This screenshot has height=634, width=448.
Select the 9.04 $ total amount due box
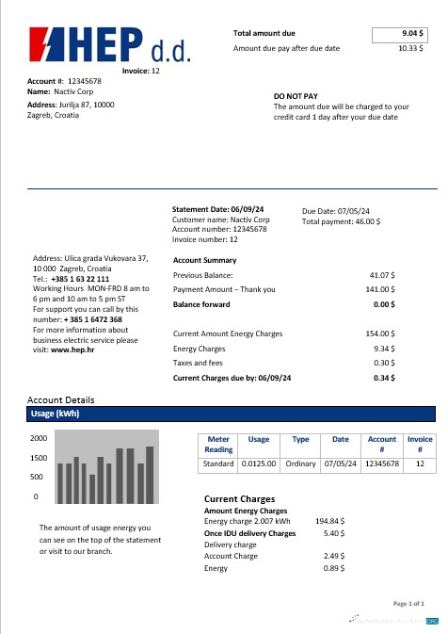point(400,33)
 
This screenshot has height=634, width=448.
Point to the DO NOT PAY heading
point(296,96)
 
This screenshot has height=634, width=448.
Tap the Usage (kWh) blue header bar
point(232,414)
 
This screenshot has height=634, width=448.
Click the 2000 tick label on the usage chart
point(39,439)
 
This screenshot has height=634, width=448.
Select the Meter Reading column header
point(218,444)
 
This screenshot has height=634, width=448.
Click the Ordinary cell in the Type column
point(300,463)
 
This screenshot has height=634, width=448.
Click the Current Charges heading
point(239,498)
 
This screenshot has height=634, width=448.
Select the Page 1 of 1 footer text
point(408,602)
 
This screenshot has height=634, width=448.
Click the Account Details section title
point(61,399)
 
